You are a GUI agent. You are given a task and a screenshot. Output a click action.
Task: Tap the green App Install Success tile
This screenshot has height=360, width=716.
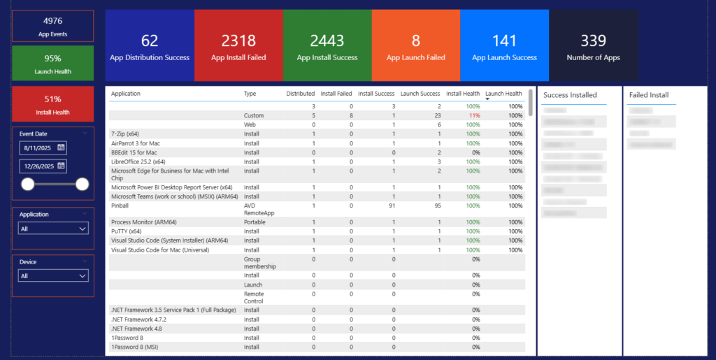[327, 46]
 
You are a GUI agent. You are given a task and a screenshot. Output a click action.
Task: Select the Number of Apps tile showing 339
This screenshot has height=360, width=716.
[593, 46]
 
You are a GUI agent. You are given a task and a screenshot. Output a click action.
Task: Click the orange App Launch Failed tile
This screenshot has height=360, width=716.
[416, 46]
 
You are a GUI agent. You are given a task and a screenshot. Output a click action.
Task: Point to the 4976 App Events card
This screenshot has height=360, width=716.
[52, 26]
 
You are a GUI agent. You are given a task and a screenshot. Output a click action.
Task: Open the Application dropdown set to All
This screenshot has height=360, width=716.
[54, 229]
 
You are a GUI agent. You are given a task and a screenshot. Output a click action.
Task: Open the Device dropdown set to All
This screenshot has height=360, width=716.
[54, 276]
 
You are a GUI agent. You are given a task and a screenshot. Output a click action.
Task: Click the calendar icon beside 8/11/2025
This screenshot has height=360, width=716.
[62, 147]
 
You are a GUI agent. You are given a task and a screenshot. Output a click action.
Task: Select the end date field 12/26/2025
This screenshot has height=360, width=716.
[38, 166]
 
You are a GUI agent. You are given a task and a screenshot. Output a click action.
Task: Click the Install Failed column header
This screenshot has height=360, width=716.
[336, 94]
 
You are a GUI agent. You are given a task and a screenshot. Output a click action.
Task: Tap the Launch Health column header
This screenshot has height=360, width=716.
[503, 94]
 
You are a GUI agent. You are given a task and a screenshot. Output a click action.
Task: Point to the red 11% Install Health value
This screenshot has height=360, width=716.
[475, 115]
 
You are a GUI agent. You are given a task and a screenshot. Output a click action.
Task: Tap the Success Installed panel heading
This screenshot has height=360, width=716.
[570, 95]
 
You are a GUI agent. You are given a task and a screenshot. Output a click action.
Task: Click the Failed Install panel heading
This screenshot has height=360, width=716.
[649, 95]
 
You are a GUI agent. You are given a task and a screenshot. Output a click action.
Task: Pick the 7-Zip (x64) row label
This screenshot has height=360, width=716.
[124, 134]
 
